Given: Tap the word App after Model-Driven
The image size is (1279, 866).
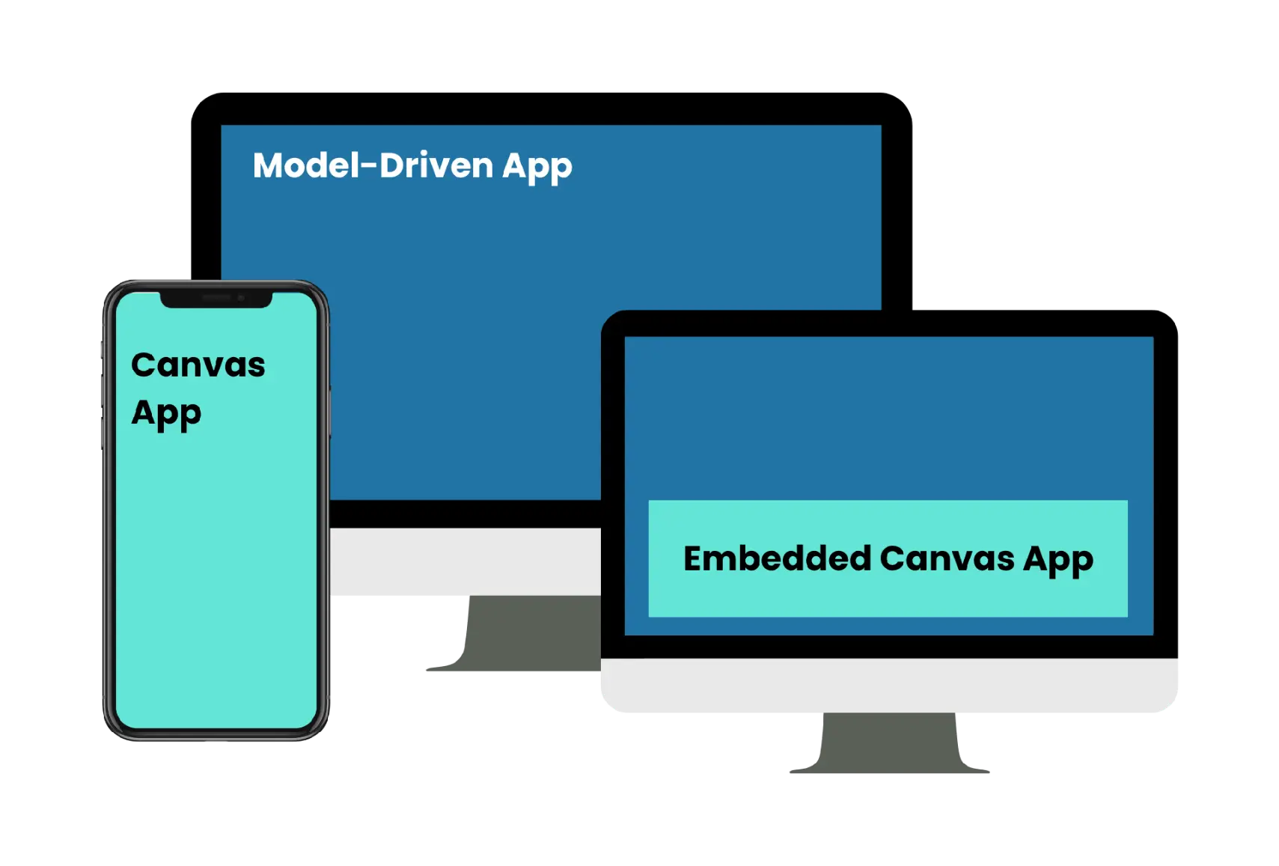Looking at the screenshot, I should click(537, 167).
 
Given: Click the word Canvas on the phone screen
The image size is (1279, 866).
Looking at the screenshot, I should click(198, 365).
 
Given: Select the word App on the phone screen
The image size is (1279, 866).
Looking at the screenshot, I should click(166, 413).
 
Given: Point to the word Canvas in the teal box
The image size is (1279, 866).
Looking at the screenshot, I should click(947, 558).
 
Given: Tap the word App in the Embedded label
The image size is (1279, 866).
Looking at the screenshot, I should click(1058, 560).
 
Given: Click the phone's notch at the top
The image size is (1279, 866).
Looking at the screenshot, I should click(216, 299).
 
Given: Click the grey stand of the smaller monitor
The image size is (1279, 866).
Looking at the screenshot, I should click(889, 745).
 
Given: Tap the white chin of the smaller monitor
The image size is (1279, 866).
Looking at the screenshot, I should click(889, 686).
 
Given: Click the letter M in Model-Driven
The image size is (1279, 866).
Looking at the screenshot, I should click(268, 165).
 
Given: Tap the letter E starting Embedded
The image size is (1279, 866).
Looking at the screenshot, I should click(694, 558).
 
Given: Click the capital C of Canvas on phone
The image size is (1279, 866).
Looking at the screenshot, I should click(143, 365).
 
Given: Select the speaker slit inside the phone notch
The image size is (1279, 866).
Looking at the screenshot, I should click(216, 298).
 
